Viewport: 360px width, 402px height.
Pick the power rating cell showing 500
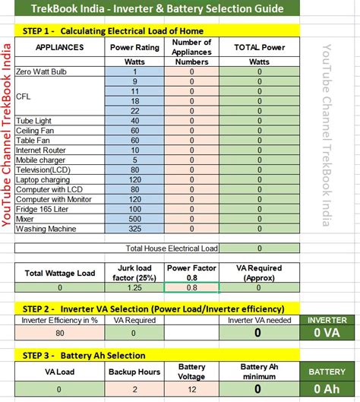tap(134, 217)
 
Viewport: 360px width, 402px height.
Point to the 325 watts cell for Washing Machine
tap(134, 227)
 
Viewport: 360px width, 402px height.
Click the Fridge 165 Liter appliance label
tap(46, 207)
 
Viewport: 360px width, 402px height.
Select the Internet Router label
tap(43, 149)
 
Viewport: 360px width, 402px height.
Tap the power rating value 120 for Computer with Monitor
tap(134, 198)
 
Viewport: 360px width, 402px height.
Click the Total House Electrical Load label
tap(171, 248)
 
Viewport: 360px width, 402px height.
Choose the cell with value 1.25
tap(134, 287)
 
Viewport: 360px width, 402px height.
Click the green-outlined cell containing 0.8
tap(192, 287)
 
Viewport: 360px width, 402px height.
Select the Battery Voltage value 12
tap(192, 389)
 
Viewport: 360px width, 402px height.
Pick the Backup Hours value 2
tap(134, 389)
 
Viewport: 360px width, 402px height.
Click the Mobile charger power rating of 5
tap(134, 159)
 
